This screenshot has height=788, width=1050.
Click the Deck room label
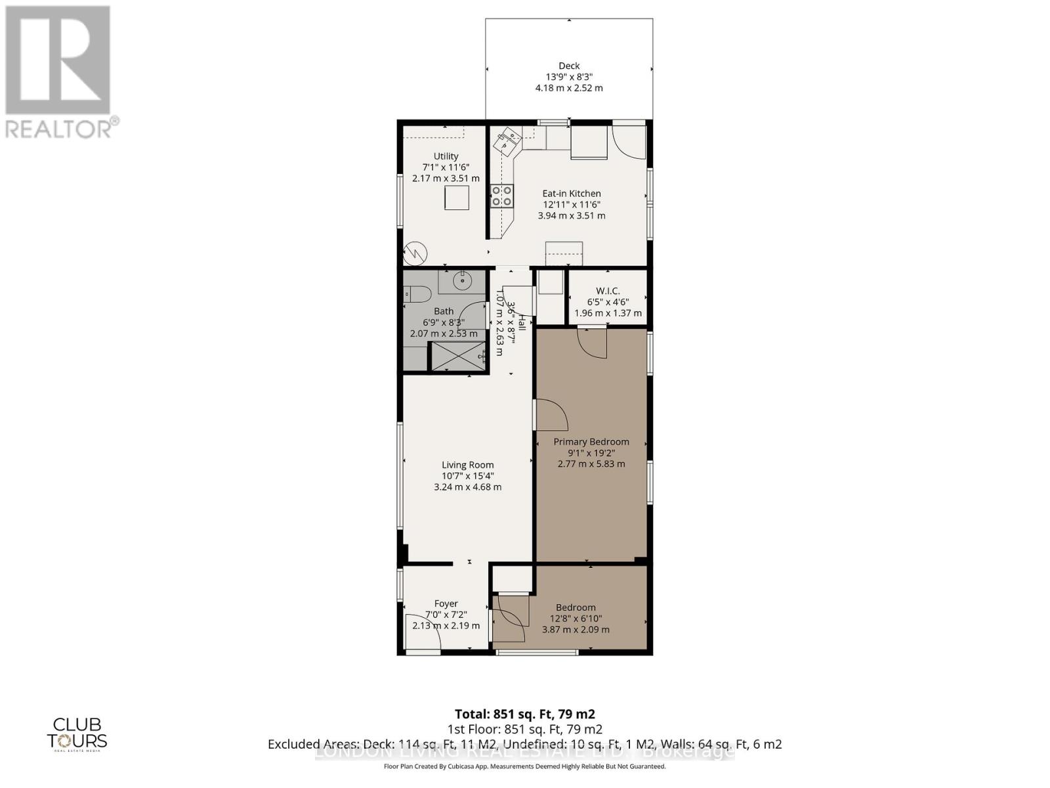coord(569,66)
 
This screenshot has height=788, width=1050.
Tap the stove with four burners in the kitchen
coord(501,196)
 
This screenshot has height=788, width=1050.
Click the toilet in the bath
coord(417,294)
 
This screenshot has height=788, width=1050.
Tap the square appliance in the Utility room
coord(457,198)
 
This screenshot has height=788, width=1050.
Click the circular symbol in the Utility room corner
coord(415,253)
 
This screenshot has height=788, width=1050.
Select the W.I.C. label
coord(608,291)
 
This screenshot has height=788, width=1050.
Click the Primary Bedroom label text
coord(591,442)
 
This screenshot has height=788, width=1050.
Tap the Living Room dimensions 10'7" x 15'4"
coord(467,476)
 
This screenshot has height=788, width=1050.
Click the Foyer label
coord(446,603)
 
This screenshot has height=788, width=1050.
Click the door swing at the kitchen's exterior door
coord(629,141)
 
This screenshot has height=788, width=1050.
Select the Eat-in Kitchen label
coord(571,193)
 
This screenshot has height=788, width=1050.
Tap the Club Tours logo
coord(77,733)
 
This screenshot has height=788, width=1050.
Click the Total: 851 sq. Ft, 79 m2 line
coord(524,714)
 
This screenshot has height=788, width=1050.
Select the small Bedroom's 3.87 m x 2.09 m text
coord(576,630)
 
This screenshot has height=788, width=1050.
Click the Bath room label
coord(444,311)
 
